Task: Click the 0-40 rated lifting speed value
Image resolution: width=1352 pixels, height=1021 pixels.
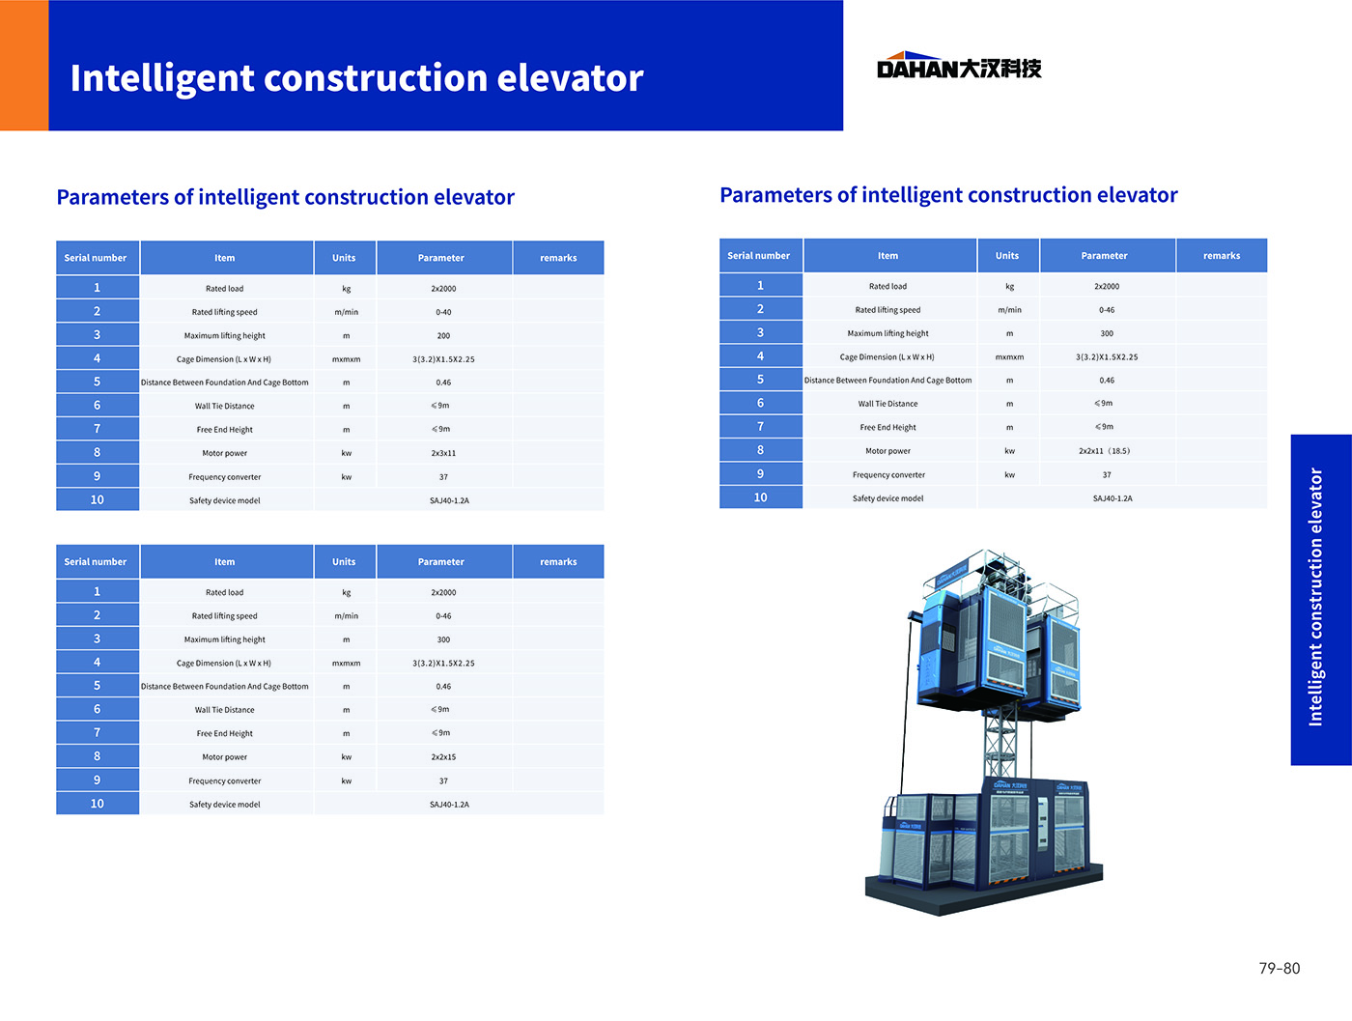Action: [443, 312]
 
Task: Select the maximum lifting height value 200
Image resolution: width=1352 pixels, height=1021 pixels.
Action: [443, 335]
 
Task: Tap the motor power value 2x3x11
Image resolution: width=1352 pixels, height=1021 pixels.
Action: [443, 453]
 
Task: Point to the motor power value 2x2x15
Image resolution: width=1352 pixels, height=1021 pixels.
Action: [443, 757]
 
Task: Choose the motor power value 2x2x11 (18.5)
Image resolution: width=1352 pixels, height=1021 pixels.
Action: [1105, 451]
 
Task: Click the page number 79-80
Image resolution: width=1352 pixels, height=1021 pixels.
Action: [1280, 968]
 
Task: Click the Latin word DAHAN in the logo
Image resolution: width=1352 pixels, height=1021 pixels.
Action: [917, 69]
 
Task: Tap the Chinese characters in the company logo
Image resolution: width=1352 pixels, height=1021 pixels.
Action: [1000, 69]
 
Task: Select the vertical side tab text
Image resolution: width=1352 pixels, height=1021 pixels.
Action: [1315, 597]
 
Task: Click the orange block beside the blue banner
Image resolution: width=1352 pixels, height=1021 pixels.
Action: [24, 66]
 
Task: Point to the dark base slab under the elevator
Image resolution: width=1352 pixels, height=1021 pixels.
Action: [984, 890]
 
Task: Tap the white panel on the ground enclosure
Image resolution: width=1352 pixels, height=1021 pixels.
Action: [1042, 823]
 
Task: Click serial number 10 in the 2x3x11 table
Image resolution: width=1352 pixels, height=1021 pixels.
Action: [98, 499]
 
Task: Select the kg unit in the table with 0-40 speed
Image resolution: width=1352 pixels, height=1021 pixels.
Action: [346, 288]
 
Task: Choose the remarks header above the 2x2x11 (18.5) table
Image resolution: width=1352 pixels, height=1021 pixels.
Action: [1222, 256]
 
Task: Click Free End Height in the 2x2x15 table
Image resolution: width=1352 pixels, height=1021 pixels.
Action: [225, 733]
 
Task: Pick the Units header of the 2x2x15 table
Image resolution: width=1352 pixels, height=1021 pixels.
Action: [344, 561]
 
